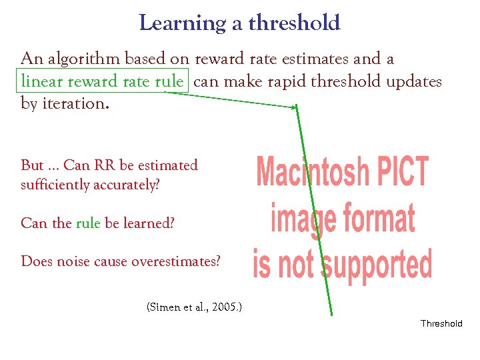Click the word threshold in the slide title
coord(294,24)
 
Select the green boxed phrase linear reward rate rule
coord(102,81)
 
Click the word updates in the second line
coord(414,81)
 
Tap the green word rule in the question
coord(87,223)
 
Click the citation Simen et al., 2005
coord(193,307)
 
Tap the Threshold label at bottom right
coord(441,323)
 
